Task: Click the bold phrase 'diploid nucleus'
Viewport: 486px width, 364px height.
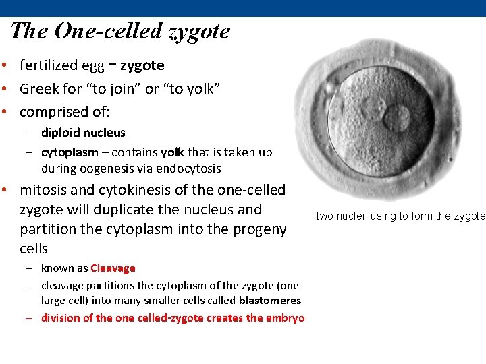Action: tap(83, 133)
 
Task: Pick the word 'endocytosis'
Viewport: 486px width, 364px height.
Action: tap(191, 169)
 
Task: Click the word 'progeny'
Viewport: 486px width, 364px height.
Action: tap(261, 229)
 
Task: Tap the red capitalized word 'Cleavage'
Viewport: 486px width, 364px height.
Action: tap(113, 268)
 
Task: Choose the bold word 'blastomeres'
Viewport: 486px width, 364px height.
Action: tap(269, 300)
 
